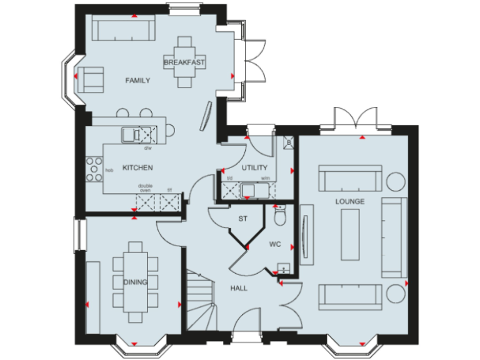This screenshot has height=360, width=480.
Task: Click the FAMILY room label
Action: point(137,81)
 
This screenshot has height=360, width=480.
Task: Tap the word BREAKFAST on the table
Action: point(184,62)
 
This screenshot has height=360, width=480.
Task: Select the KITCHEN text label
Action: point(137,167)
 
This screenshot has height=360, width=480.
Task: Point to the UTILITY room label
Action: point(254,167)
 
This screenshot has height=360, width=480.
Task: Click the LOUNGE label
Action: point(349,201)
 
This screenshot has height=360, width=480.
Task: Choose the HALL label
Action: point(239,288)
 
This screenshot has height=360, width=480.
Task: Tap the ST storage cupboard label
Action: point(244,219)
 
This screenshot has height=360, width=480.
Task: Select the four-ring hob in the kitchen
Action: point(94,169)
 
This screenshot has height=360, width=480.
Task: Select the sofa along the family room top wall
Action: point(123,29)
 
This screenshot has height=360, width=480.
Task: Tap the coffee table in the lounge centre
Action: point(350,236)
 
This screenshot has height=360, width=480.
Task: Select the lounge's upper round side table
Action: point(395,180)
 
